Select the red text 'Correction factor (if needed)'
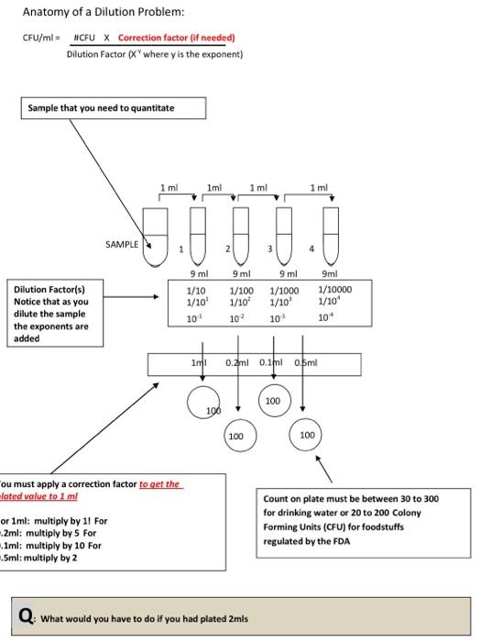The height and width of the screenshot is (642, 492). point(177,38)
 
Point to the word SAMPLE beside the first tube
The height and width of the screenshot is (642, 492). point(122,245)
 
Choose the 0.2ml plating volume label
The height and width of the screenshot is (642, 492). point(238,364)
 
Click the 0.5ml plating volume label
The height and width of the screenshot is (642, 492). point(306,364)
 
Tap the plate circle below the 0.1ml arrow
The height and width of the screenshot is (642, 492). point(273,401)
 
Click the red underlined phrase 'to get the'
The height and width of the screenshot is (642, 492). point(159,484)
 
